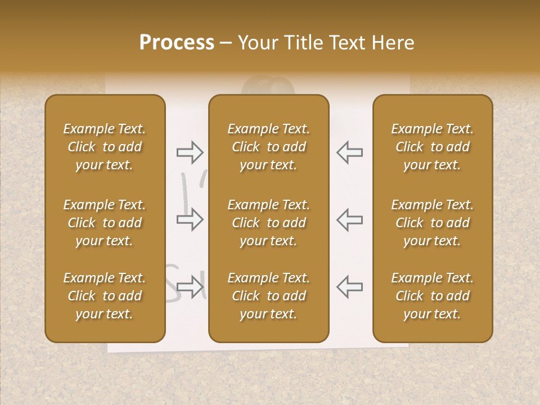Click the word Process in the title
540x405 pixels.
(x=177, y=43)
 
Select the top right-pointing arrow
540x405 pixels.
(x=190, y=152)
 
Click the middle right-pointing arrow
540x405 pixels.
(x=190, y=219)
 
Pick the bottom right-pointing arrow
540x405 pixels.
(x=190, y=286)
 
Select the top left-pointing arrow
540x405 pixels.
(x=349, y=152)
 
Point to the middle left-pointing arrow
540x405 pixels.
(x=349, y=219)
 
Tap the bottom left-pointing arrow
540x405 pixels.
(x=349, y=286)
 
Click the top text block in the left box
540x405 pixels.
(x=105, y=147)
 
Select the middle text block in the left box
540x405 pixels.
(x=105, y=223)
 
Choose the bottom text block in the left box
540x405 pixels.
(x=105, y=296)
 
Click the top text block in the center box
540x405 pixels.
(x=268, y=147)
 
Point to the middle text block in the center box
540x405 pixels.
(x=268, y=223)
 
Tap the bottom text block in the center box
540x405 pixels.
(x=268, y=296)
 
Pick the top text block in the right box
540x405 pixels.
(x=432, y=147)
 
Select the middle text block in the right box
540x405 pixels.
(x=432, y=223)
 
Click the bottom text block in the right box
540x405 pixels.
(x=432, y=296)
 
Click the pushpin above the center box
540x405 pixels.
(x=268, y=87)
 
